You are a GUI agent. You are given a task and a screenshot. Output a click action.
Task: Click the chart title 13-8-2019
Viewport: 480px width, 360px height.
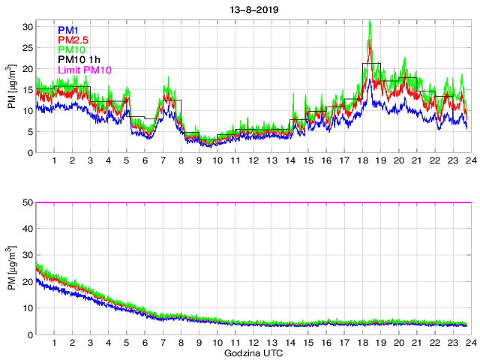point(250,8)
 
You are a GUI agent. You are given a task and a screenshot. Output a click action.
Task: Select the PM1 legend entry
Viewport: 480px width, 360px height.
point(69,30)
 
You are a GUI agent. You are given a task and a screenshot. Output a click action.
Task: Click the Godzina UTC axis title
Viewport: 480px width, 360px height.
point(251,352)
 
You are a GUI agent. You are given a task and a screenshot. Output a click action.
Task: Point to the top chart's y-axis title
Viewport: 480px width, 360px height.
point(13,88)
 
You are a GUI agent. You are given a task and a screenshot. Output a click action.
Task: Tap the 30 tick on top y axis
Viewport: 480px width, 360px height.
point(28,25)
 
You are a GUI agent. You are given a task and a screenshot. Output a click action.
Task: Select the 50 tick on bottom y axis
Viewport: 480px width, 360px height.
point(28,202)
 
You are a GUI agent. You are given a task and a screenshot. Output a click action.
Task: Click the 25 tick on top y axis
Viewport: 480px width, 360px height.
point(28,46)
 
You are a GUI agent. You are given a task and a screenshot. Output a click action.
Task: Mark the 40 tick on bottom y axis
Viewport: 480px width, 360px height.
point(28,229)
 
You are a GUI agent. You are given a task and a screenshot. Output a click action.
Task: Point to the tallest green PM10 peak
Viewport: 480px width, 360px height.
point(370,22)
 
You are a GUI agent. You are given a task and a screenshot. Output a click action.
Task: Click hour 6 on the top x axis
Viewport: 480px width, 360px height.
point(145,161)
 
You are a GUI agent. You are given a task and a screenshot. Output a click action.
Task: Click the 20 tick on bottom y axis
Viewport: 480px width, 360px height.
point(28,282)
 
